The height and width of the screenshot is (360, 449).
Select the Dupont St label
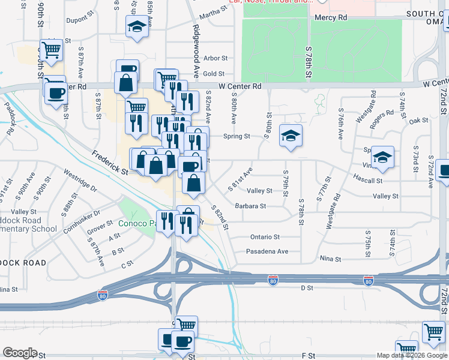77,20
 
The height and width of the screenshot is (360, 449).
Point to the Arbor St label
215,58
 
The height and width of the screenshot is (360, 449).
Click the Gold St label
213,74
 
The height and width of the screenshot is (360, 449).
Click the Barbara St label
250,206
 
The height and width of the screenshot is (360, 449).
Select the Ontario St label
265,237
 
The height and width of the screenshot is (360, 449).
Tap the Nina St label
330,259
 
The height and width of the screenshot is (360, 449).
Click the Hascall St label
368,180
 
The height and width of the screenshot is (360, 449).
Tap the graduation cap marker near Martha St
137,26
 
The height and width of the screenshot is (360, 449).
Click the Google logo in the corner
20,353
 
